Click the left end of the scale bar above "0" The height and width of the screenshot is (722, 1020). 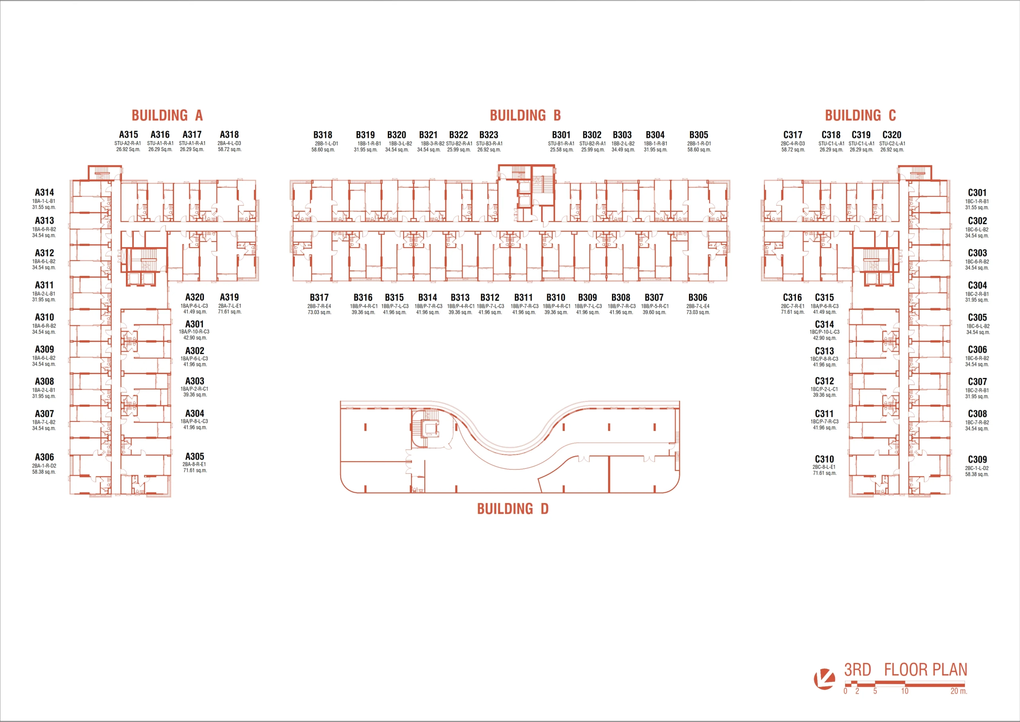(845, 683)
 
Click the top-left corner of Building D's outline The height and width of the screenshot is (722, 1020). (341, 401)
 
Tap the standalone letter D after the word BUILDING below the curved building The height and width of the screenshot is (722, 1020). (544, 509)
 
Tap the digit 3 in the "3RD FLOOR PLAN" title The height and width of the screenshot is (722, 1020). (849, 669)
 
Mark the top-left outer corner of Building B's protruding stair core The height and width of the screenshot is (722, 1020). (498, 165)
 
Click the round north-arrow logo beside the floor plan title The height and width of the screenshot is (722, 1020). (824, 679)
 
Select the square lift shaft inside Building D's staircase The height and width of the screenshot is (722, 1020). (430, 429)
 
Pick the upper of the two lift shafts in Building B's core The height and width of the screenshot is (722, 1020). (524, 187)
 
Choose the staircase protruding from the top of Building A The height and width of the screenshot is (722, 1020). (103, 173)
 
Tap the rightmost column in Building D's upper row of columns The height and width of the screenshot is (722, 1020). (654, 427)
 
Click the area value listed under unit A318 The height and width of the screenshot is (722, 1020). (229, 150)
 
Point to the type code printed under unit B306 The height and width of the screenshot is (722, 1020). (698, 306)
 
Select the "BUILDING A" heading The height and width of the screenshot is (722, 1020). (167, 116)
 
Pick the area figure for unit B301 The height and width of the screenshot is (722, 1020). (561, 150)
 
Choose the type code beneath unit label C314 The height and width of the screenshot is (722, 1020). (824, 332)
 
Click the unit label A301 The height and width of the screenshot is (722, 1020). (194, 324)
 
